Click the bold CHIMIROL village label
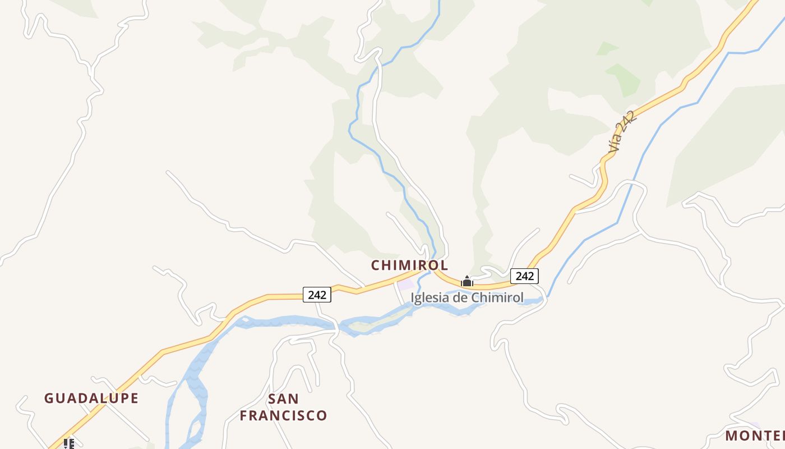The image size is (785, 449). point(409,265)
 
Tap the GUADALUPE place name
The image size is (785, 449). point(91,398)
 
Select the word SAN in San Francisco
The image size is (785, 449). point(283,399)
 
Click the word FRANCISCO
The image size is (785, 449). point(283,416)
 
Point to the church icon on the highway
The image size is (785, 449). point(467,281)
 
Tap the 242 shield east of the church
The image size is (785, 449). point(524,276)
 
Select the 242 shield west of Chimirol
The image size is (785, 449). point(317,295)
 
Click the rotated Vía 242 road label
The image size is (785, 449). point(622,132)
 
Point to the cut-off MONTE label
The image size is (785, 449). point(755,436)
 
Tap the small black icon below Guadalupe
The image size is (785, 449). point(69,444)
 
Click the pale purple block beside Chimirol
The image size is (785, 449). point(405,284)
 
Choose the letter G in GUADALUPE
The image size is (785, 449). point(49,398)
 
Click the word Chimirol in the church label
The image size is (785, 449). point(497,297)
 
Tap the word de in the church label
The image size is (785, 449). point(460,297)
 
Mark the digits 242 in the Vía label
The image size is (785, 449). point(627,123)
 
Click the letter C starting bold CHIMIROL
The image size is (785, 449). point(376,265)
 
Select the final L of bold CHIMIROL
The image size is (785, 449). point(444,265)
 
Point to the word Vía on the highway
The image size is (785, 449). point(615,144)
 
